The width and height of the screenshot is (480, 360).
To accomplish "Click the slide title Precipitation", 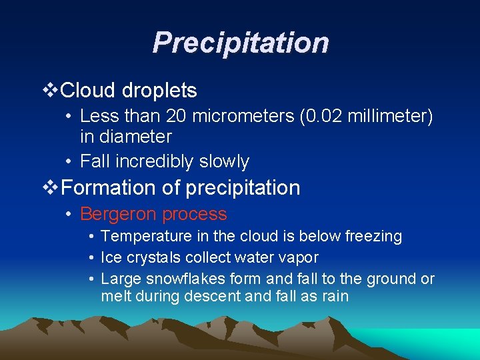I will (240, 43).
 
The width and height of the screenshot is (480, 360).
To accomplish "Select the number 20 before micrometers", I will (176, 117).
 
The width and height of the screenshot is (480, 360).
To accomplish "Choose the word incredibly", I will (149, 161).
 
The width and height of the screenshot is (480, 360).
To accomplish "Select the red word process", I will (195, 214).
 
